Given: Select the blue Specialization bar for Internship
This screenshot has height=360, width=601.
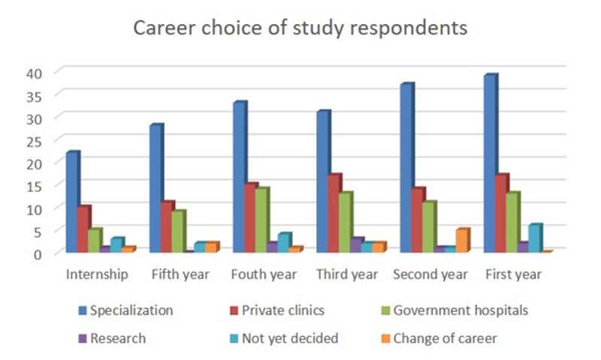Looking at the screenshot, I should click(72, 202).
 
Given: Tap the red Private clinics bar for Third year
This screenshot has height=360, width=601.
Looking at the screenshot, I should click(334, 213).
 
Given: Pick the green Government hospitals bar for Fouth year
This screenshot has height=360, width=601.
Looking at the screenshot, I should click(261, 220).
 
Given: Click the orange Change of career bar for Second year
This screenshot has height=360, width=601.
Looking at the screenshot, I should click(461, 241).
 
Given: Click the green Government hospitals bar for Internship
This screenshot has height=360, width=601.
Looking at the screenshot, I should click(94, 241).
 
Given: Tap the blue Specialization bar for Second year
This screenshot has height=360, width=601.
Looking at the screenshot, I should click(406, 168).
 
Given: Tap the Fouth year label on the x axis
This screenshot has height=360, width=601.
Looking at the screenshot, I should click(263, 274).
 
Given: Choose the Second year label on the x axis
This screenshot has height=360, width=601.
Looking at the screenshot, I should click(430, 274).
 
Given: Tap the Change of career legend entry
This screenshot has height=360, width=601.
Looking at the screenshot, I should click(451, 339).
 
